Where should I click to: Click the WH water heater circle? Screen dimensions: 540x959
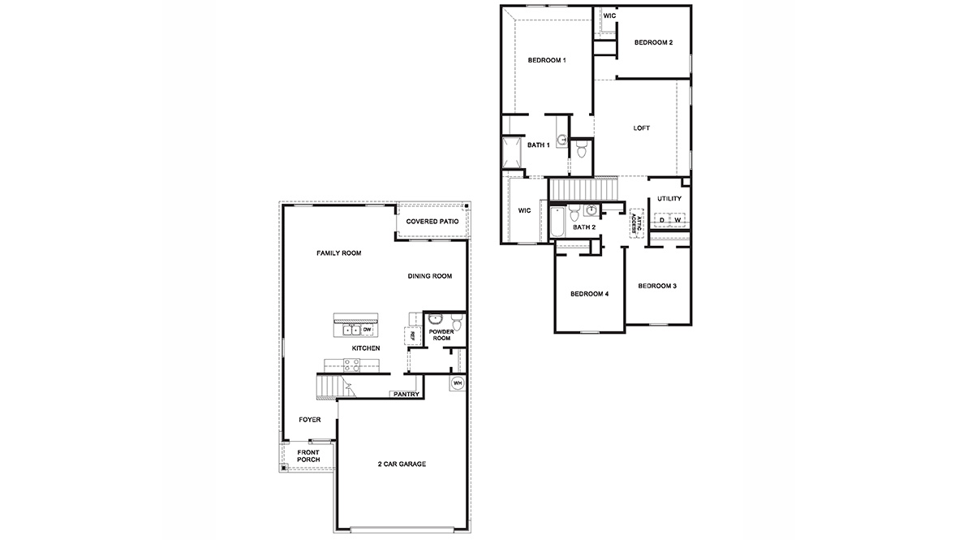pos(457,382)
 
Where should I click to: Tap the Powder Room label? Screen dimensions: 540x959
pos(441,335)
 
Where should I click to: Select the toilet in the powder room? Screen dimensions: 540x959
pos(457,324)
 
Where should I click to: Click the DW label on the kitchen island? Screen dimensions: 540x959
pos(367,330)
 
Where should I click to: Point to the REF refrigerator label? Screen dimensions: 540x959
pos(412,335)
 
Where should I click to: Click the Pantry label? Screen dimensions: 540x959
pos(405,395)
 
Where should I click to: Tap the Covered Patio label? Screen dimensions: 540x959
pos(432,221)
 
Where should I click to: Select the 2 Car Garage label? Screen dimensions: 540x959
pos(402,464)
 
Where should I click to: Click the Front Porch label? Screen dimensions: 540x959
pos(308,456)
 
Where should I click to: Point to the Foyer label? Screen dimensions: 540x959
pos(310,420)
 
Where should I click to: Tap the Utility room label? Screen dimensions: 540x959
pos(669,199)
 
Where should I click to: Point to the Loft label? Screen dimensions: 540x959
pos(642,128)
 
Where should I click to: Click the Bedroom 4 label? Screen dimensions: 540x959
pos(589,293)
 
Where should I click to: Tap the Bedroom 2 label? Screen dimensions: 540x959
pos(653,42)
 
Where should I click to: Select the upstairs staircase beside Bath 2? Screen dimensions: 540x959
pos(584,190)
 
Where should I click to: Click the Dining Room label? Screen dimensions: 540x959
pos(429,276)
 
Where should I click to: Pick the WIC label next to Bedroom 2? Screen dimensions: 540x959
pos(609,15)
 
